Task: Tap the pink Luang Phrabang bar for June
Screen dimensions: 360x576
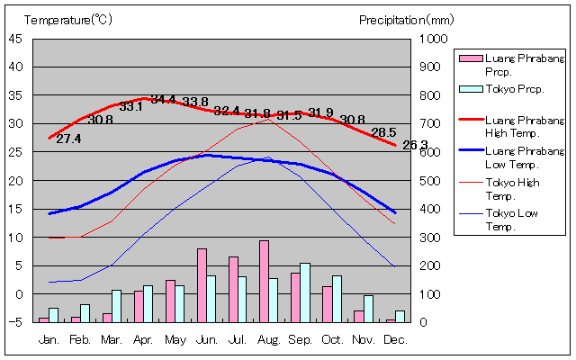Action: point(202,285)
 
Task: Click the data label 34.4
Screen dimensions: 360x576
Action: point(163,99)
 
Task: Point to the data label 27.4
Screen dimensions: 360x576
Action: point(68,139)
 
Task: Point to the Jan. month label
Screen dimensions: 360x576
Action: point(49,340)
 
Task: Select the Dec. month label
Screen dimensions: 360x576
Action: point(395,340)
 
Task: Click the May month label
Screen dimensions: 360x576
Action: point(175,340)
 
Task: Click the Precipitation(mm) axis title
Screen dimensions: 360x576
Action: point(407,19)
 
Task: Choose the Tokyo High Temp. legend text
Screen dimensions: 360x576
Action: point(511,188)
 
